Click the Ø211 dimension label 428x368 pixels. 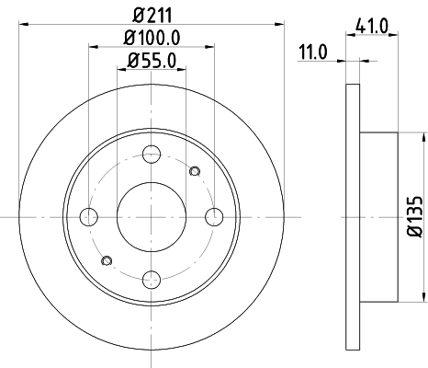151,15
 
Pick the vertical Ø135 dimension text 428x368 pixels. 414,217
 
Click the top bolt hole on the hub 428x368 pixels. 152,154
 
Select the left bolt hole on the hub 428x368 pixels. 89,217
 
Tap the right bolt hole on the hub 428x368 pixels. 215,217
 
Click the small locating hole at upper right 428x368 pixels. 193,170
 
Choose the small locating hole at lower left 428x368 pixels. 108,262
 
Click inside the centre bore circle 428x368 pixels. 152,217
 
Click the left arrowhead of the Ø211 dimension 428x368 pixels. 23,25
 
